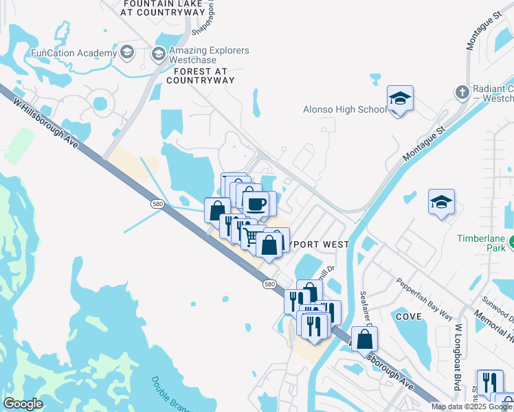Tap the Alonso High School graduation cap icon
click(399, 100)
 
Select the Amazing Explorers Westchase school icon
click(158, 53)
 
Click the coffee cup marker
click(257, 204)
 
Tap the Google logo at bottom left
click(23, 404)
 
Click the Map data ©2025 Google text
click(471, 407)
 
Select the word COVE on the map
click(408, 316)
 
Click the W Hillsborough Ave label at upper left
click(43, 126)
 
